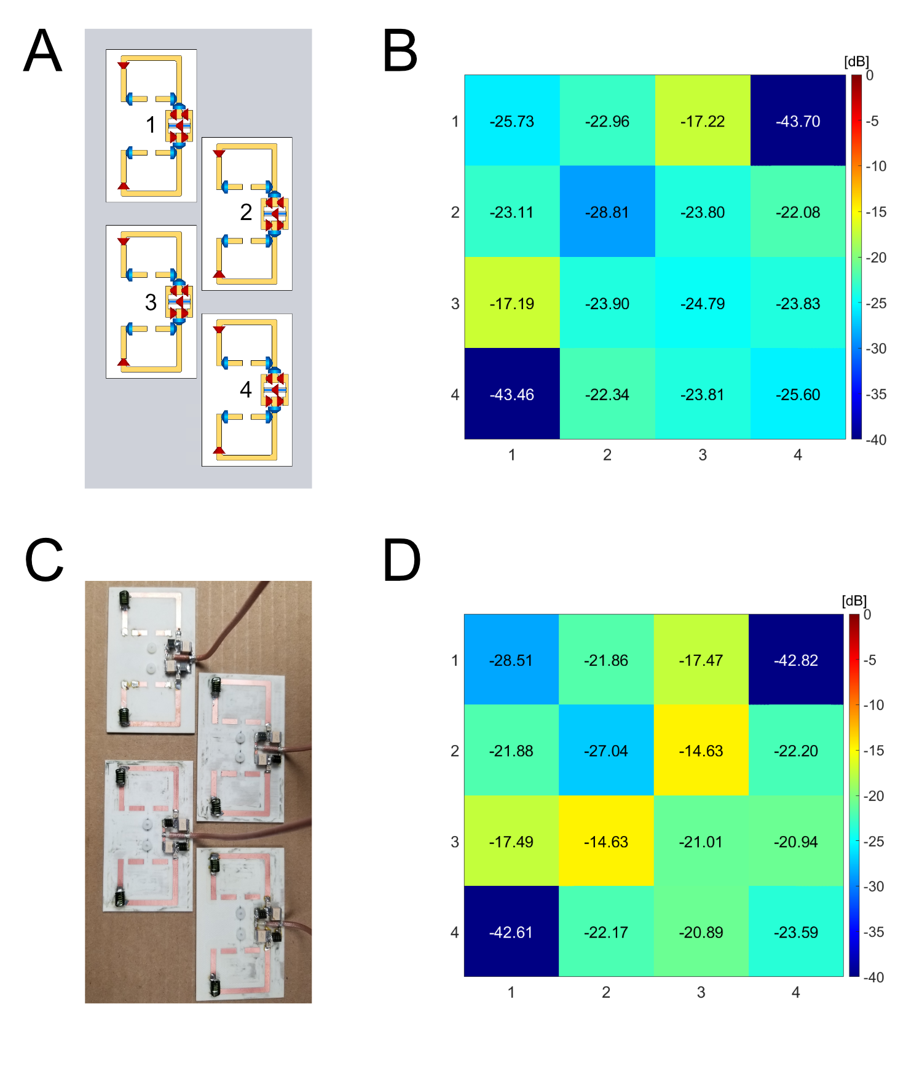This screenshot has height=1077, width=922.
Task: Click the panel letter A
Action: [43, 51]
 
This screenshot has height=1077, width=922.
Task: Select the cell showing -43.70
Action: [798, 121]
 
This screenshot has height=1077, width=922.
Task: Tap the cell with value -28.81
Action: [607, 212]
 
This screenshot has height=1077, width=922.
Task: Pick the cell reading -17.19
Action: [512, 303]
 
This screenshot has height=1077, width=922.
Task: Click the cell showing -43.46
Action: [512, 394]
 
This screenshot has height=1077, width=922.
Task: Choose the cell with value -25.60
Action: [798, 394]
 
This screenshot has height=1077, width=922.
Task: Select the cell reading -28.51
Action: [511, 660]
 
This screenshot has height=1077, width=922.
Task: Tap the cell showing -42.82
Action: [796, 660]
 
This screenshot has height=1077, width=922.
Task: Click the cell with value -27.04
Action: [606, 751]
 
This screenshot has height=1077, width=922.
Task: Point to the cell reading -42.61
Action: [511, 932]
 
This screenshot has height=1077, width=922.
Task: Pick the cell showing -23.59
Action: [796, 932]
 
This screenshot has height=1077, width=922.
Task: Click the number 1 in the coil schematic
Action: [151, 125]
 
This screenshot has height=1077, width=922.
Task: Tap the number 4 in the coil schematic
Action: [246, 389]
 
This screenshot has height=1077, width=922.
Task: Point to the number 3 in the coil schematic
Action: [151, 302]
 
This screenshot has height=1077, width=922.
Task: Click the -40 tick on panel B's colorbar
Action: [876, 440]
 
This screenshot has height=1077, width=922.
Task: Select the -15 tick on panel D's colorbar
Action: [873, 751]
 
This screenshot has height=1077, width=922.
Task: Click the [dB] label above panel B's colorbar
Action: [856, 61]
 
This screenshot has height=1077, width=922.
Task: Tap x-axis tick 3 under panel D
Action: [701, 992]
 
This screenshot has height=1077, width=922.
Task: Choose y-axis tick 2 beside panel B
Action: [455, 212]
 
